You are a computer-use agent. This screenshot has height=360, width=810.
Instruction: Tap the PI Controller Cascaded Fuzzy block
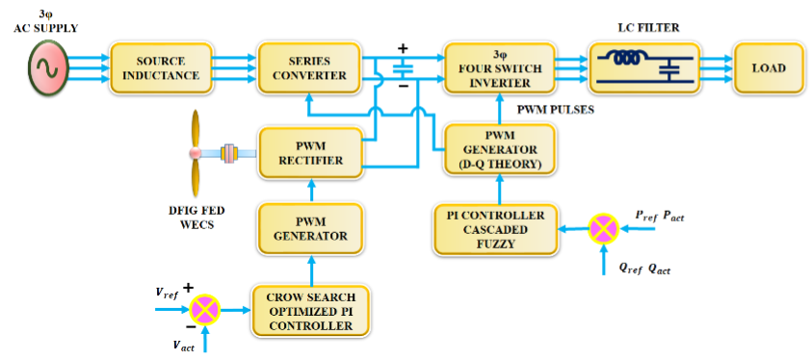(495, 229)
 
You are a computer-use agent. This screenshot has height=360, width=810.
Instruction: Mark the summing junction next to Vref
(204, 308)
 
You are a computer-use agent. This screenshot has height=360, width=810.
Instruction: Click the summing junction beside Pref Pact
(604, 229)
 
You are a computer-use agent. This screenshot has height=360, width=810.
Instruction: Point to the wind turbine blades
(196, 151)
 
